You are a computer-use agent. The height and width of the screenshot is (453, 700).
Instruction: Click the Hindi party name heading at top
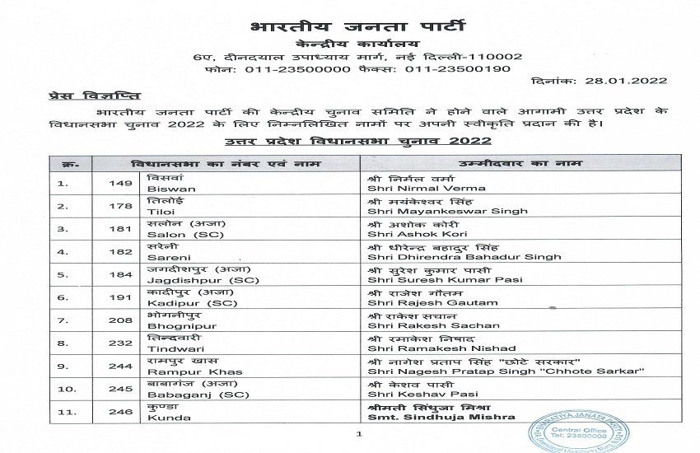(x=349, y=18)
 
